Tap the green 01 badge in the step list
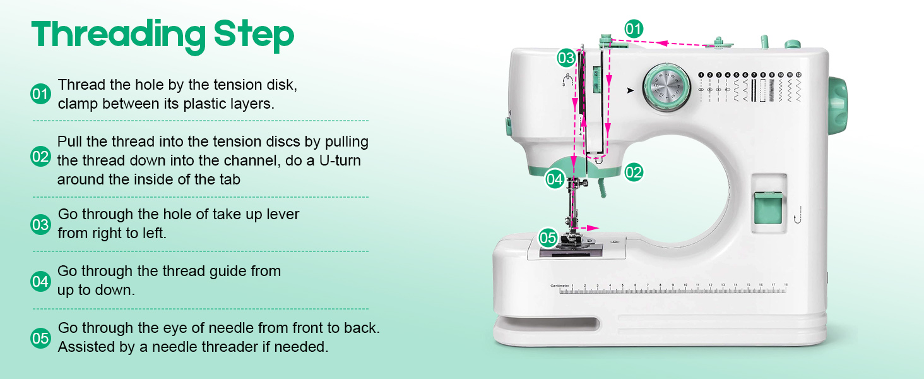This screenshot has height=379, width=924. [40, 94]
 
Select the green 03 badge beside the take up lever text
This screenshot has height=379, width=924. [40, 224]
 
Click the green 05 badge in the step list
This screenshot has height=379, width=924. [40, 339]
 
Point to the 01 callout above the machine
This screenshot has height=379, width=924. [634, 28]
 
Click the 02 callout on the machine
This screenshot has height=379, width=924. [634, 172]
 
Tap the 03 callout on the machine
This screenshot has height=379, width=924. [566, 59]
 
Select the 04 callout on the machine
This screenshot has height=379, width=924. [555, 179]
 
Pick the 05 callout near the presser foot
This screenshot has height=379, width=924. [548, 238]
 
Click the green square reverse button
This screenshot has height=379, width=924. [768, 210]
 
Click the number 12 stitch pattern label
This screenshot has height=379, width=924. [798, 75]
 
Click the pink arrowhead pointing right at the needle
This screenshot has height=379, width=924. [594, 227]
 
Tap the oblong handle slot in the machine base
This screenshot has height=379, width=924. [547, 324]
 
